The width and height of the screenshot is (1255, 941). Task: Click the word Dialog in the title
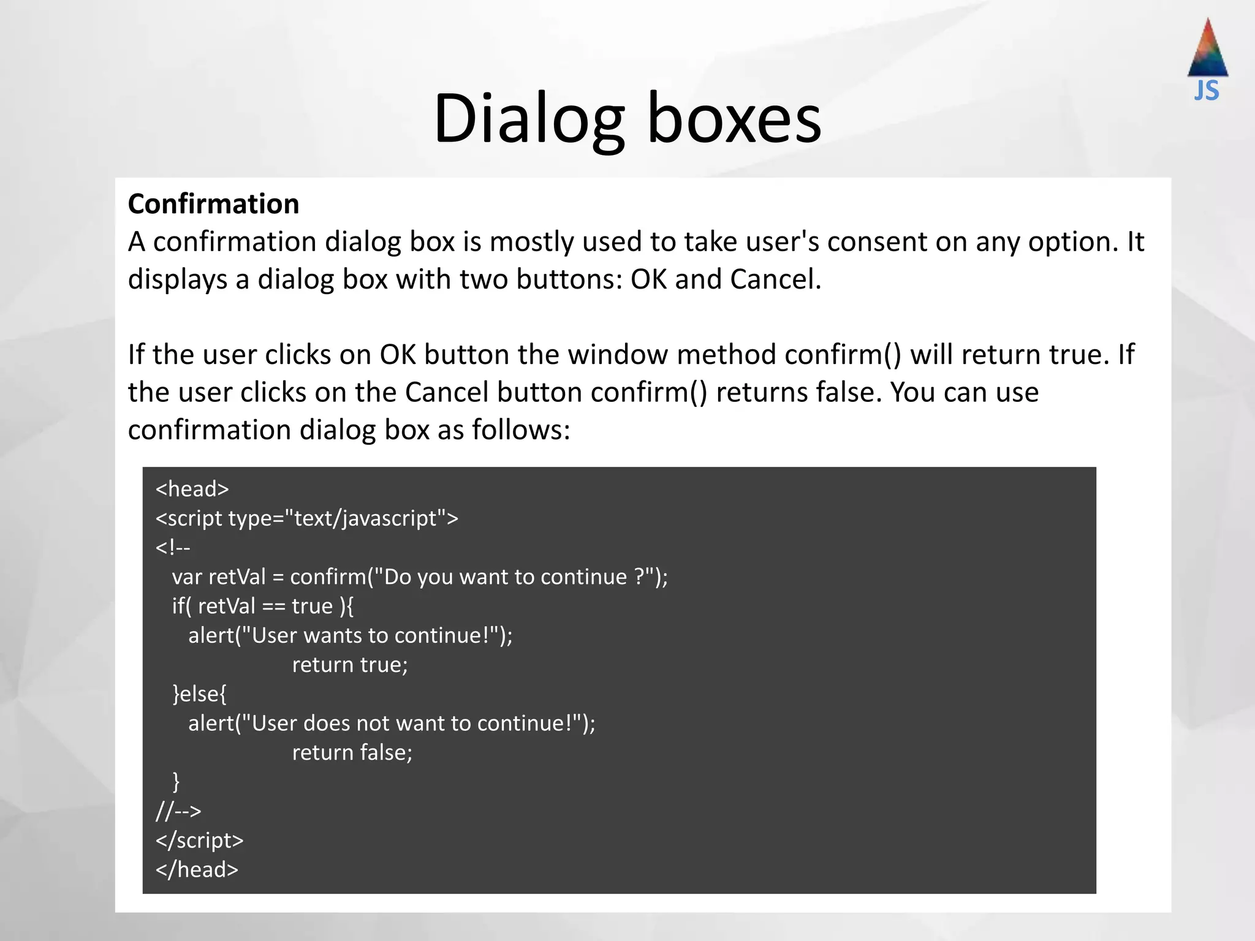coord(529,118)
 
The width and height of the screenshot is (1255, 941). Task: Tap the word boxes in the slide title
coord(734,118)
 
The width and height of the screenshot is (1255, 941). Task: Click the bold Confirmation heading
coord(213,204)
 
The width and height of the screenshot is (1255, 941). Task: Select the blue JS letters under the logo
coord(1207,91)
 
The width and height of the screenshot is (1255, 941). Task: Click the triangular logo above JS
coord(1208,49)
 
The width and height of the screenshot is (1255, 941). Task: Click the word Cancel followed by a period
coord(775,279)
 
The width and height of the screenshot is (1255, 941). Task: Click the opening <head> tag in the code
coord(192,489)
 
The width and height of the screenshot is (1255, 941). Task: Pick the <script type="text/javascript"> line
coord(306,518)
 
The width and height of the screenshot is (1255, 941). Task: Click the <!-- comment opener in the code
coord(173,547)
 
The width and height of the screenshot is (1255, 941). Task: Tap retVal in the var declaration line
coord(237,577)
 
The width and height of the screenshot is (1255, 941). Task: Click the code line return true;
coord(350,665)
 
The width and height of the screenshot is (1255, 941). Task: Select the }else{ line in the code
coord(200,694)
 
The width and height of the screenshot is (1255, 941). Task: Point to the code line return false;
coord(352,752)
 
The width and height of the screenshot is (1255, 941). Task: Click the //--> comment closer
coord(178,811)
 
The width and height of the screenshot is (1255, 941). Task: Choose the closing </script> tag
coord(199,841)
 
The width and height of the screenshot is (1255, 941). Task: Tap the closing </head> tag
coord(197,869)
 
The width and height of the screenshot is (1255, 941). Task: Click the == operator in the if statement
coord(273,607)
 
